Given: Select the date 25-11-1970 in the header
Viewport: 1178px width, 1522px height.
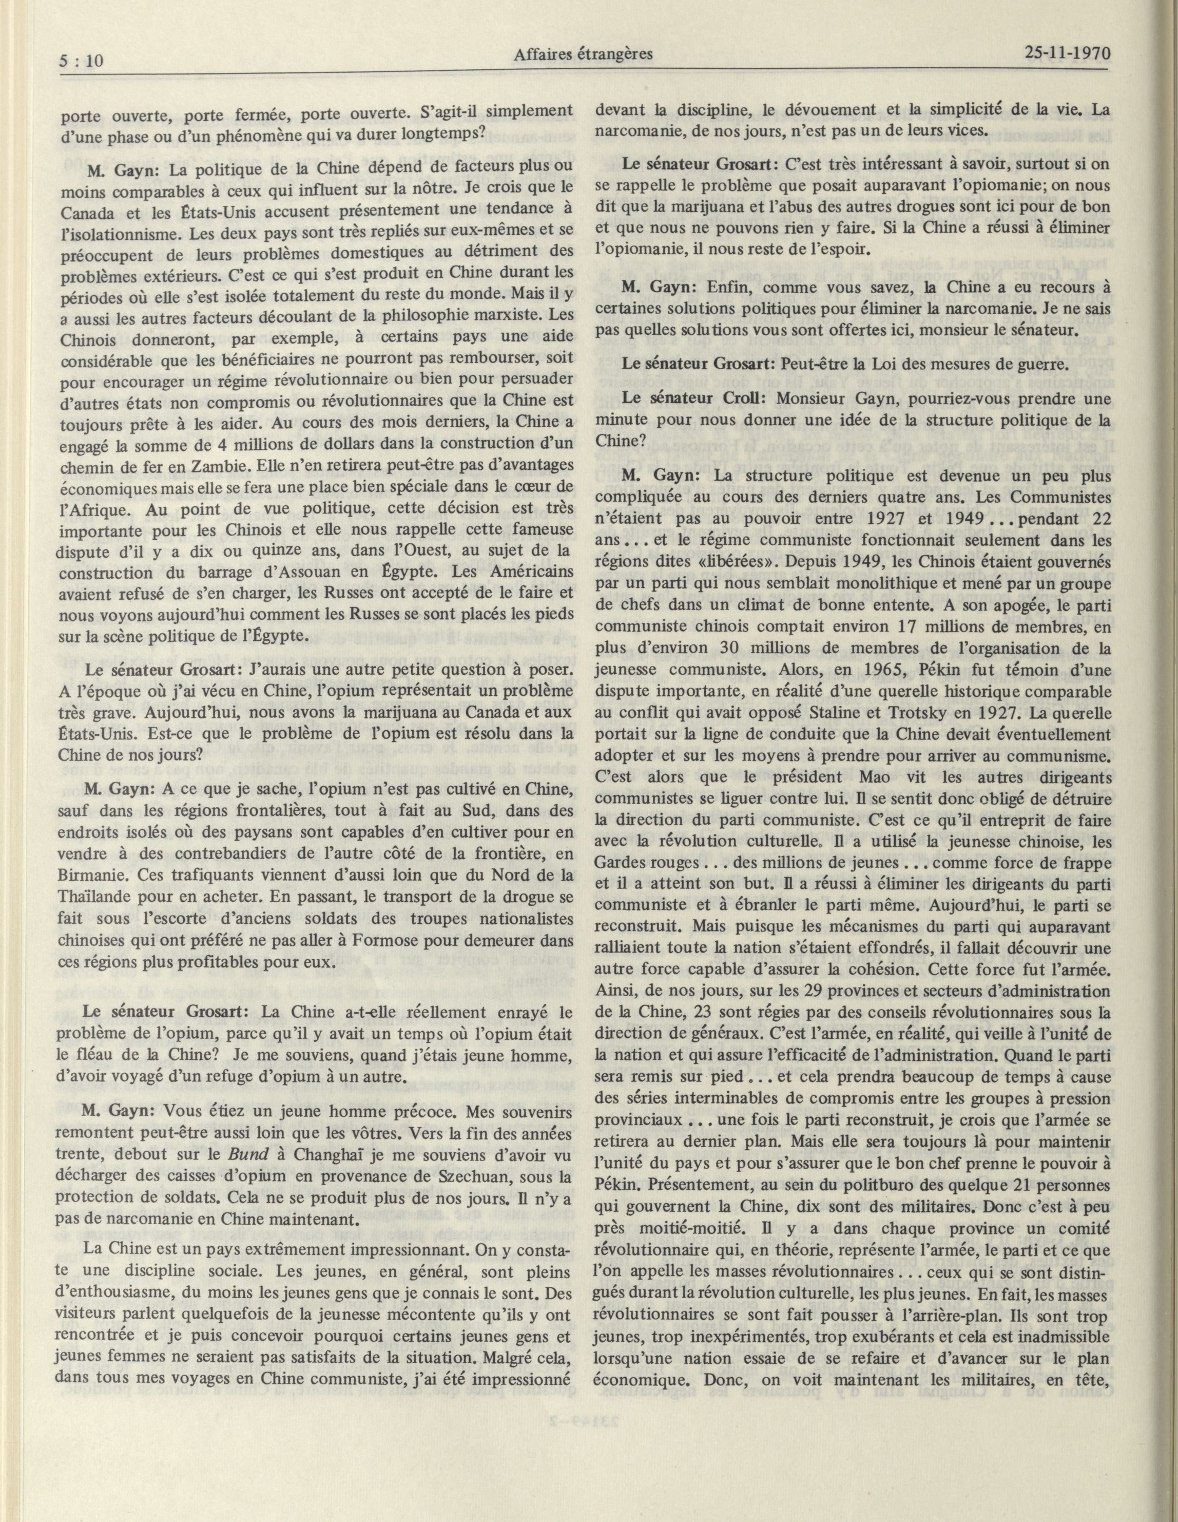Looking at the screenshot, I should pyautogui.click(x=1067, y=53).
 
